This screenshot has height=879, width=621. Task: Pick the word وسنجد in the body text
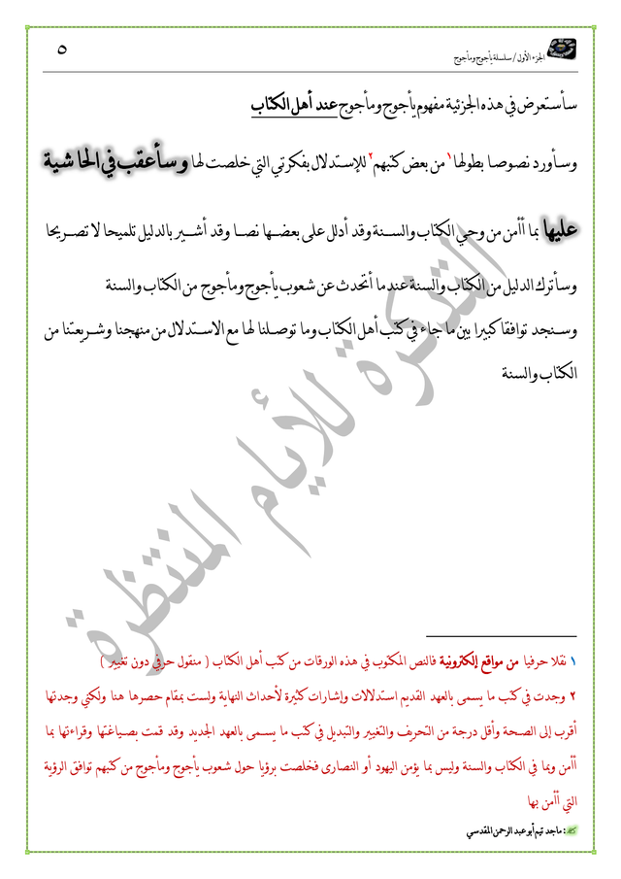click(557, 333)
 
